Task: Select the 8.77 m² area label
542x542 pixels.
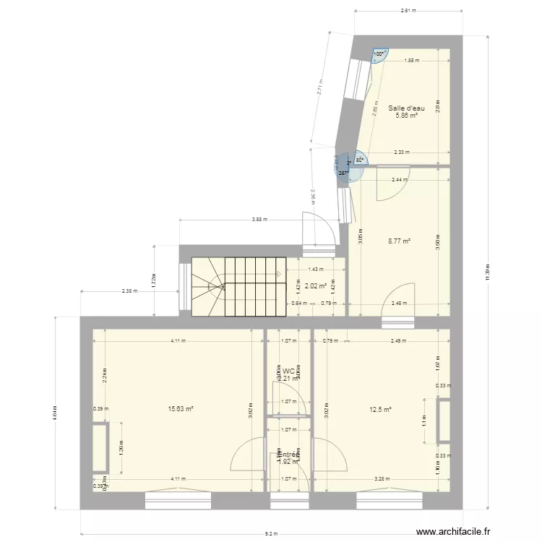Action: pos(399,241)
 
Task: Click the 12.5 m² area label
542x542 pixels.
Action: pos(381,409)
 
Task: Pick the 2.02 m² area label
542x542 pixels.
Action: pos(316,286)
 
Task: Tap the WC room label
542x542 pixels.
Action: pos(288,371)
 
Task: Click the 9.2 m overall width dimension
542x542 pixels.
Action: pos(271,534)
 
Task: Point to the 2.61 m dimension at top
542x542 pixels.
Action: pos(408,12)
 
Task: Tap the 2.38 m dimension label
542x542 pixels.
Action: pos(130,291)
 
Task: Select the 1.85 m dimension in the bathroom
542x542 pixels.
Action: pos(411,61)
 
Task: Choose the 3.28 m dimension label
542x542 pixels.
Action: pos(382,479)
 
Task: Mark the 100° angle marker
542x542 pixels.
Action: pos(378,53)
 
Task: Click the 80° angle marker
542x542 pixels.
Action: pos(360,161)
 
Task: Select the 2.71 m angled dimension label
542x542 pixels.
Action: pos(319,87)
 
